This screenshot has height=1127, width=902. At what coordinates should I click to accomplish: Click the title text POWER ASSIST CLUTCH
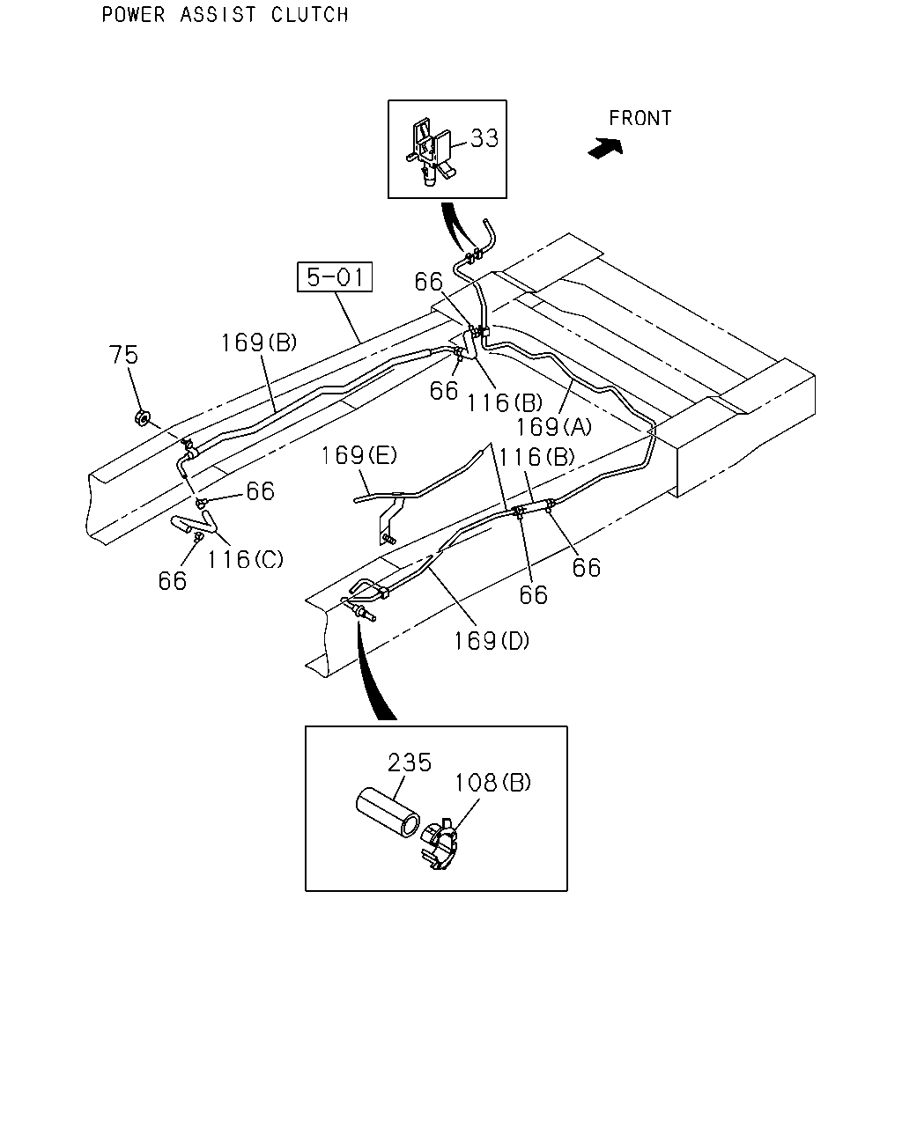click(225, 15)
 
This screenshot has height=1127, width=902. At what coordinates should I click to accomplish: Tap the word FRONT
click(640, 118)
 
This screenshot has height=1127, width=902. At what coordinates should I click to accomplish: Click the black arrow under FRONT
click(605, 148)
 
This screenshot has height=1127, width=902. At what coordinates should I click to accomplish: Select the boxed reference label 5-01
click(335, 276)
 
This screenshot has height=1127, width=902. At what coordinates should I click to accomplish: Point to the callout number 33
click(484, 138)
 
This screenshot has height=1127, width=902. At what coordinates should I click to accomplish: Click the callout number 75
click(123, 355)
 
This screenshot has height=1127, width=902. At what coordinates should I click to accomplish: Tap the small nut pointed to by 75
click(142, 418)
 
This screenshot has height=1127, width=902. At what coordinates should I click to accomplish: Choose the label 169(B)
click(259, 343)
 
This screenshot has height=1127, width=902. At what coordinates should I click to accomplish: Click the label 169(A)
click(554, 427)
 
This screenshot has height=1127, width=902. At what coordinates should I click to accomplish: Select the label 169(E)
click(359, 455)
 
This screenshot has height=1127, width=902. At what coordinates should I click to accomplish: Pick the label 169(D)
click(492, 641)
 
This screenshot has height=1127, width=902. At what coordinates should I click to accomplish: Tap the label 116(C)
click(245, 560)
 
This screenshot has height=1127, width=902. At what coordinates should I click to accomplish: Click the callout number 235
click(410, 762)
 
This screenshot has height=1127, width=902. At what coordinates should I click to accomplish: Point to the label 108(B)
click(492, 783)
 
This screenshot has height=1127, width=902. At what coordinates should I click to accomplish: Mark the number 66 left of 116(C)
click(173, 581)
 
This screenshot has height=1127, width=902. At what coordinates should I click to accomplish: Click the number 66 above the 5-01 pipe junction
click(429, 282)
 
